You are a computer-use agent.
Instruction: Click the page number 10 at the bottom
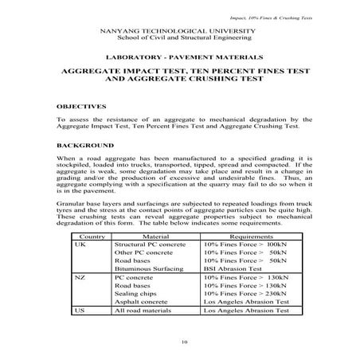[185, 342]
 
